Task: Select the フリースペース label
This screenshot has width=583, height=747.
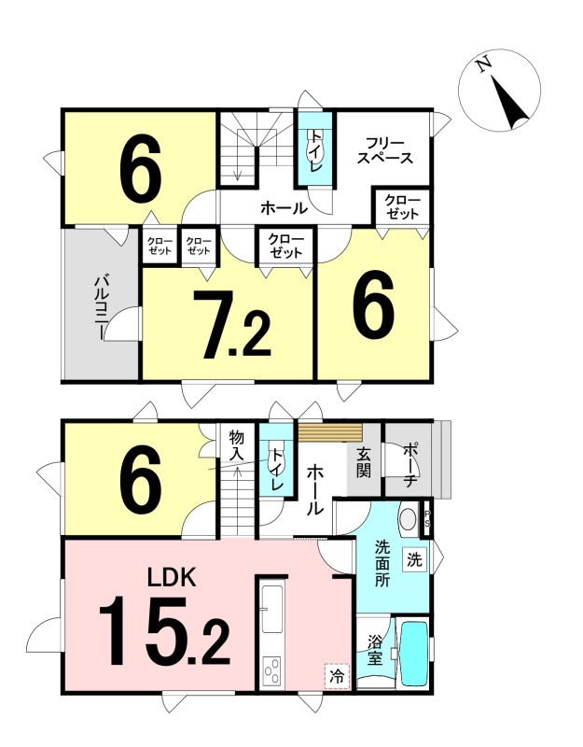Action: pos(385,150)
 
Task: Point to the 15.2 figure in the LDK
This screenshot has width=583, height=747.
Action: pos(164,632)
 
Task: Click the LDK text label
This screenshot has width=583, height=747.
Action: pos(172,577)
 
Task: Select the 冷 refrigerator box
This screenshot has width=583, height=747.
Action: pos(337,676)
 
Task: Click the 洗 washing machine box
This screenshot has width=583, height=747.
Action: pos(414,559)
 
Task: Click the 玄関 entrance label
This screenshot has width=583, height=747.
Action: pos(364,463)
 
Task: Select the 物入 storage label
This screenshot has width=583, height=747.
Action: pos(237,444)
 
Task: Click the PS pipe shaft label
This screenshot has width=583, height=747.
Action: pos(427,518)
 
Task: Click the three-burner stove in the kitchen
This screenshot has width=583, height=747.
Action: pos(271,670)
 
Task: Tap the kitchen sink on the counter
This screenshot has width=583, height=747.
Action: pos(271,609)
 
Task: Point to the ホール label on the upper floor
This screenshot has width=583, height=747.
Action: pos(284,207)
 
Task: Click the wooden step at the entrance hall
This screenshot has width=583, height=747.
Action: pos(330,432)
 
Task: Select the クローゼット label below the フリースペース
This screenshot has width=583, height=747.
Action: pos(403,207)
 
